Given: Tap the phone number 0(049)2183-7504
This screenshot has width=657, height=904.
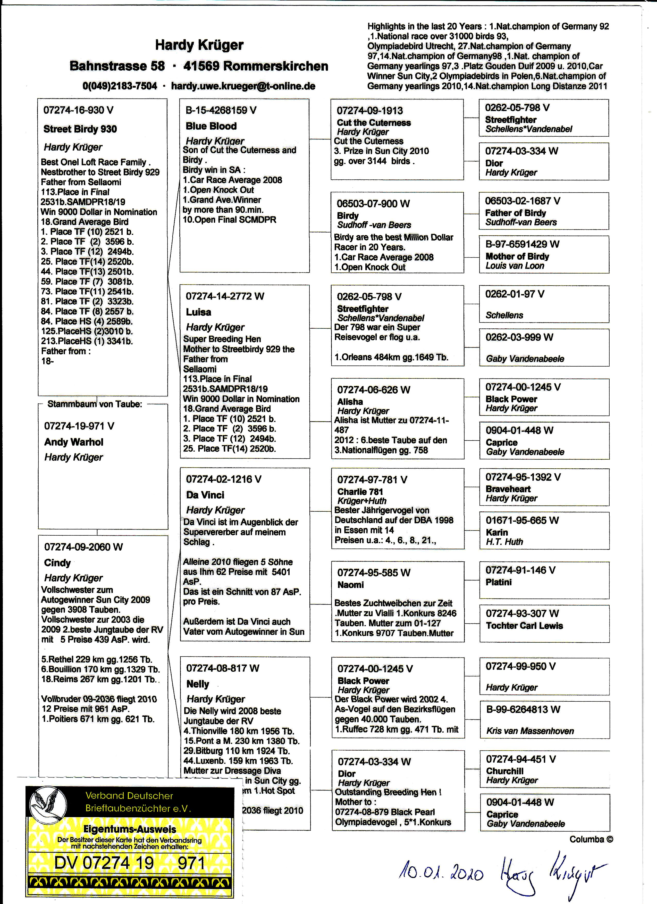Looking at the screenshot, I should [x=120, y=86].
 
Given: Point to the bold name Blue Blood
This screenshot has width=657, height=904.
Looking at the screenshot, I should [x=211, y=126].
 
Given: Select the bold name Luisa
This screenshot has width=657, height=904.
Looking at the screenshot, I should [x=198, y=312].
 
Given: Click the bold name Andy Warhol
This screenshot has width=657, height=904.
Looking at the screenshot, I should [x=74, y=442].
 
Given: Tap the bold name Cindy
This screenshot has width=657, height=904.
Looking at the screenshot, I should [x=57, y=563].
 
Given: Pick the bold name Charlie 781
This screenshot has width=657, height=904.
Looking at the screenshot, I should [x=360, y=492].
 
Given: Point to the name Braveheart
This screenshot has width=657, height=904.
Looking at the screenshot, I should [x=508, y=489].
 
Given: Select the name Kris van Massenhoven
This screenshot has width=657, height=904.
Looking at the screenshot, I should [x=530, y=731].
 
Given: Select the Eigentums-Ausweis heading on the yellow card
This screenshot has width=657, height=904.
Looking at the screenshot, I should [x=130, y=830].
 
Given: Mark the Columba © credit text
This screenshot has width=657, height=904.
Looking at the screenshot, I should [x=591, y=839].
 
